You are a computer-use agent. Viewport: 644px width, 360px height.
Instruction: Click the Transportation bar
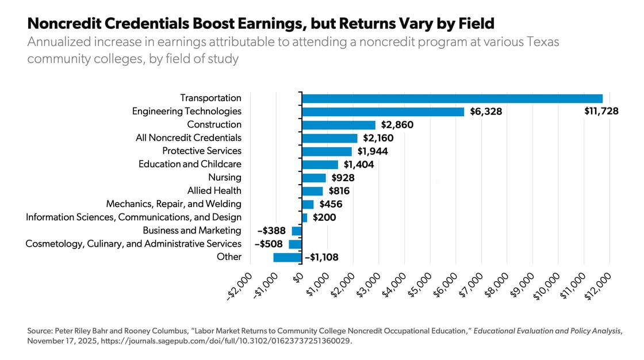point(452,98)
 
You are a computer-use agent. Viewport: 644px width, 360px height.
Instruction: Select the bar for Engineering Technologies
point(383,112)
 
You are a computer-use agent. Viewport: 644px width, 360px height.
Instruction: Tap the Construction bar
point(339,125)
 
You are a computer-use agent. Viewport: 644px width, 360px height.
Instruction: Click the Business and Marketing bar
point(297,231)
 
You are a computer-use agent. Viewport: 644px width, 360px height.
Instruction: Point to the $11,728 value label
point(601,112)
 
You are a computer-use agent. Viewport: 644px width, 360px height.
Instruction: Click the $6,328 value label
point(485,112)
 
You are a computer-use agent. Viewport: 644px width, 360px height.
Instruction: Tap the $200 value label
point(324,218)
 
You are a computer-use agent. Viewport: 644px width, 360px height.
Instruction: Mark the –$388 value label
point(271,231)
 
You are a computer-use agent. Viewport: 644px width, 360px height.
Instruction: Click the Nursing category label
point(225,178)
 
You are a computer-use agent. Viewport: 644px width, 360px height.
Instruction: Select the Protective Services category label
point(202,151)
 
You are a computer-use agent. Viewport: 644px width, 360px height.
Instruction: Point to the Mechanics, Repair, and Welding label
point(174,204)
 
